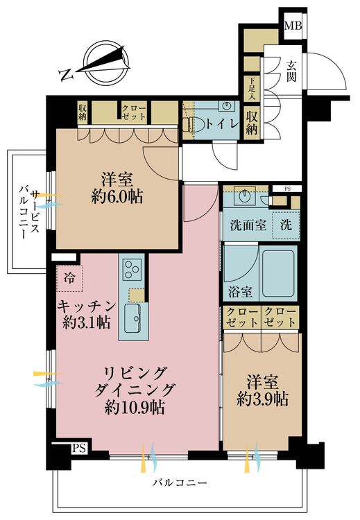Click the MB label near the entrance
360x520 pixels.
point(293,27)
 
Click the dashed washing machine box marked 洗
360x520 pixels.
point(286,225)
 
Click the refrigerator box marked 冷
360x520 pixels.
point(69,279)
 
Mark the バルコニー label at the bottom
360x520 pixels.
point(180,482)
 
